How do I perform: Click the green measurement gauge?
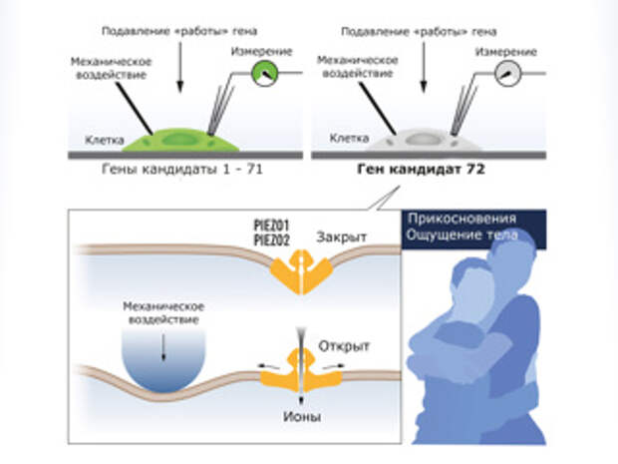(x=265, y=73)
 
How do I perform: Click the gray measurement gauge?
(x=508, y=74)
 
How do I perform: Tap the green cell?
(x=180, y=140)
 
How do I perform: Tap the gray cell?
(x=424, y=140)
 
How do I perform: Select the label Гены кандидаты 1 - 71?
(x=182, y=170)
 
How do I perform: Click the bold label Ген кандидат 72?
(x=421, y=170)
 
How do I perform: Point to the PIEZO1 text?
(x=271, y=226)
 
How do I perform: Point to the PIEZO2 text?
(x=271, y=239)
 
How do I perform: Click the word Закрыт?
(x=341, y=236)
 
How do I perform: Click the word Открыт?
(x=344, y=346)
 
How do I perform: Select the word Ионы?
(x=302, y=417)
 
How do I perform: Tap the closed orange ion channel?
(x=302, y=272)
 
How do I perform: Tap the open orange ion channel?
(x=301, y=371)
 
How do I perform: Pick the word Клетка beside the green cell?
(x=105, y=140)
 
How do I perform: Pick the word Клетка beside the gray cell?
(x=349, y=138)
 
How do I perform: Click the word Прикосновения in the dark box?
(x=462, y=219)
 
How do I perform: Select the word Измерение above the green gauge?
(x=262, y=51)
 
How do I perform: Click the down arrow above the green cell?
(x=180, y=66)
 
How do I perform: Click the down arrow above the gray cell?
(x=424, y=66)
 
